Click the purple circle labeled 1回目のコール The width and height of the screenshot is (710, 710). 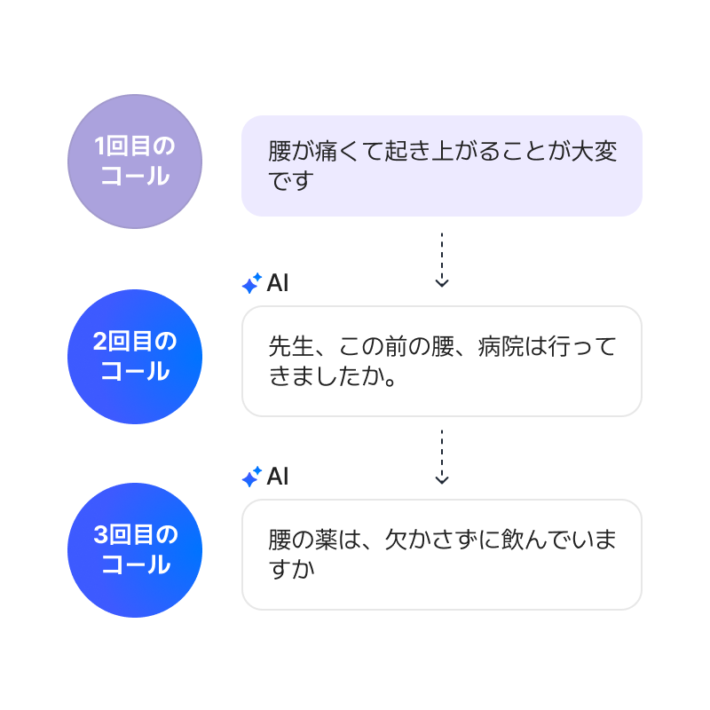135,162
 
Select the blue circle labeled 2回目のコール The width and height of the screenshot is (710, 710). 135,356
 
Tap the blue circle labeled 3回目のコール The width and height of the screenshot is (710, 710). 135,549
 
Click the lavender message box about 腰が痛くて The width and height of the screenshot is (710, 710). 441,166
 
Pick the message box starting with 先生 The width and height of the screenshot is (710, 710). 441,360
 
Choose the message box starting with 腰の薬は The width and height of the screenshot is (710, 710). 441,554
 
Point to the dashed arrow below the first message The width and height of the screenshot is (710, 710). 441,260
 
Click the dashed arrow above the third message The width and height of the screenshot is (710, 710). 441,456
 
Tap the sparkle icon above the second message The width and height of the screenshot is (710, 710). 251,283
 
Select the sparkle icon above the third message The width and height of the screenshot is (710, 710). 251,477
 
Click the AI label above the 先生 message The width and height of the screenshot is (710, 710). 278,283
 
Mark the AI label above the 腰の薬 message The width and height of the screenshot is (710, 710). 278,477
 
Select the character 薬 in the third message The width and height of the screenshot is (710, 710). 327,540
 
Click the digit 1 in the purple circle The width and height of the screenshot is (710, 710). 100,146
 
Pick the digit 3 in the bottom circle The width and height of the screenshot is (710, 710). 101,534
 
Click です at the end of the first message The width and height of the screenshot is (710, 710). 291,181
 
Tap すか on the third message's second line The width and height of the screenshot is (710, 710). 291,569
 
